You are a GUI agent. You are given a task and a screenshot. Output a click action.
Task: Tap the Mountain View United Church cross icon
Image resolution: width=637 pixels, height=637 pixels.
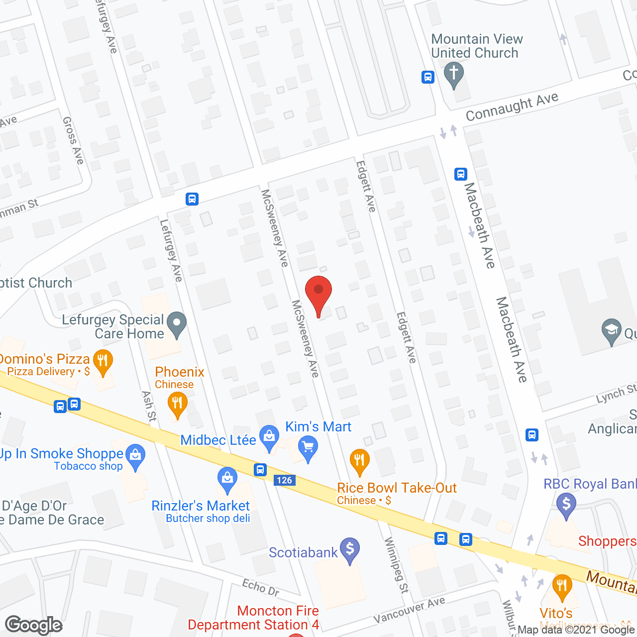coord(453,74)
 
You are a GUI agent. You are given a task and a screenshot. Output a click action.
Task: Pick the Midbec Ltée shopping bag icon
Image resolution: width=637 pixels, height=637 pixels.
coord(269,437)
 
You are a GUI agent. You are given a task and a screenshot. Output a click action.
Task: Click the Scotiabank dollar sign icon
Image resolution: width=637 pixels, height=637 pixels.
coord(350,549)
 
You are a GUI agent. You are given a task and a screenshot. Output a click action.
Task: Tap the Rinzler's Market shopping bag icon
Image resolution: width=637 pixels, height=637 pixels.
coord(227,479)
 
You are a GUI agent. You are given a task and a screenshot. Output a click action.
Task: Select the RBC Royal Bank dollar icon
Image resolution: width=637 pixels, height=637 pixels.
coord(566,504)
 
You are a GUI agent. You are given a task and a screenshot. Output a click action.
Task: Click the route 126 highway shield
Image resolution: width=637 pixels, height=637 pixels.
coord(285,480)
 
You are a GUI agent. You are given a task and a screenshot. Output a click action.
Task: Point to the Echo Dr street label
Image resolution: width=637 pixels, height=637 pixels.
coord(261,587)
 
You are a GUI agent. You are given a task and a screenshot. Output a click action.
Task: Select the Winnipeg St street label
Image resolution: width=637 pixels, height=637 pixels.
coord(397,565)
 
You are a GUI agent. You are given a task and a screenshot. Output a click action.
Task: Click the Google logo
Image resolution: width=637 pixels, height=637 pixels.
coord(34,625)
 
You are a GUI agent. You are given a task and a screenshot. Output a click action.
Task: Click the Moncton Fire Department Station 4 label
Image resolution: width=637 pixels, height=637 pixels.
coord(253,618)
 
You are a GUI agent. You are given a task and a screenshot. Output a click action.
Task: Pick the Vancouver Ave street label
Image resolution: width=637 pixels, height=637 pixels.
coord(409,610)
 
